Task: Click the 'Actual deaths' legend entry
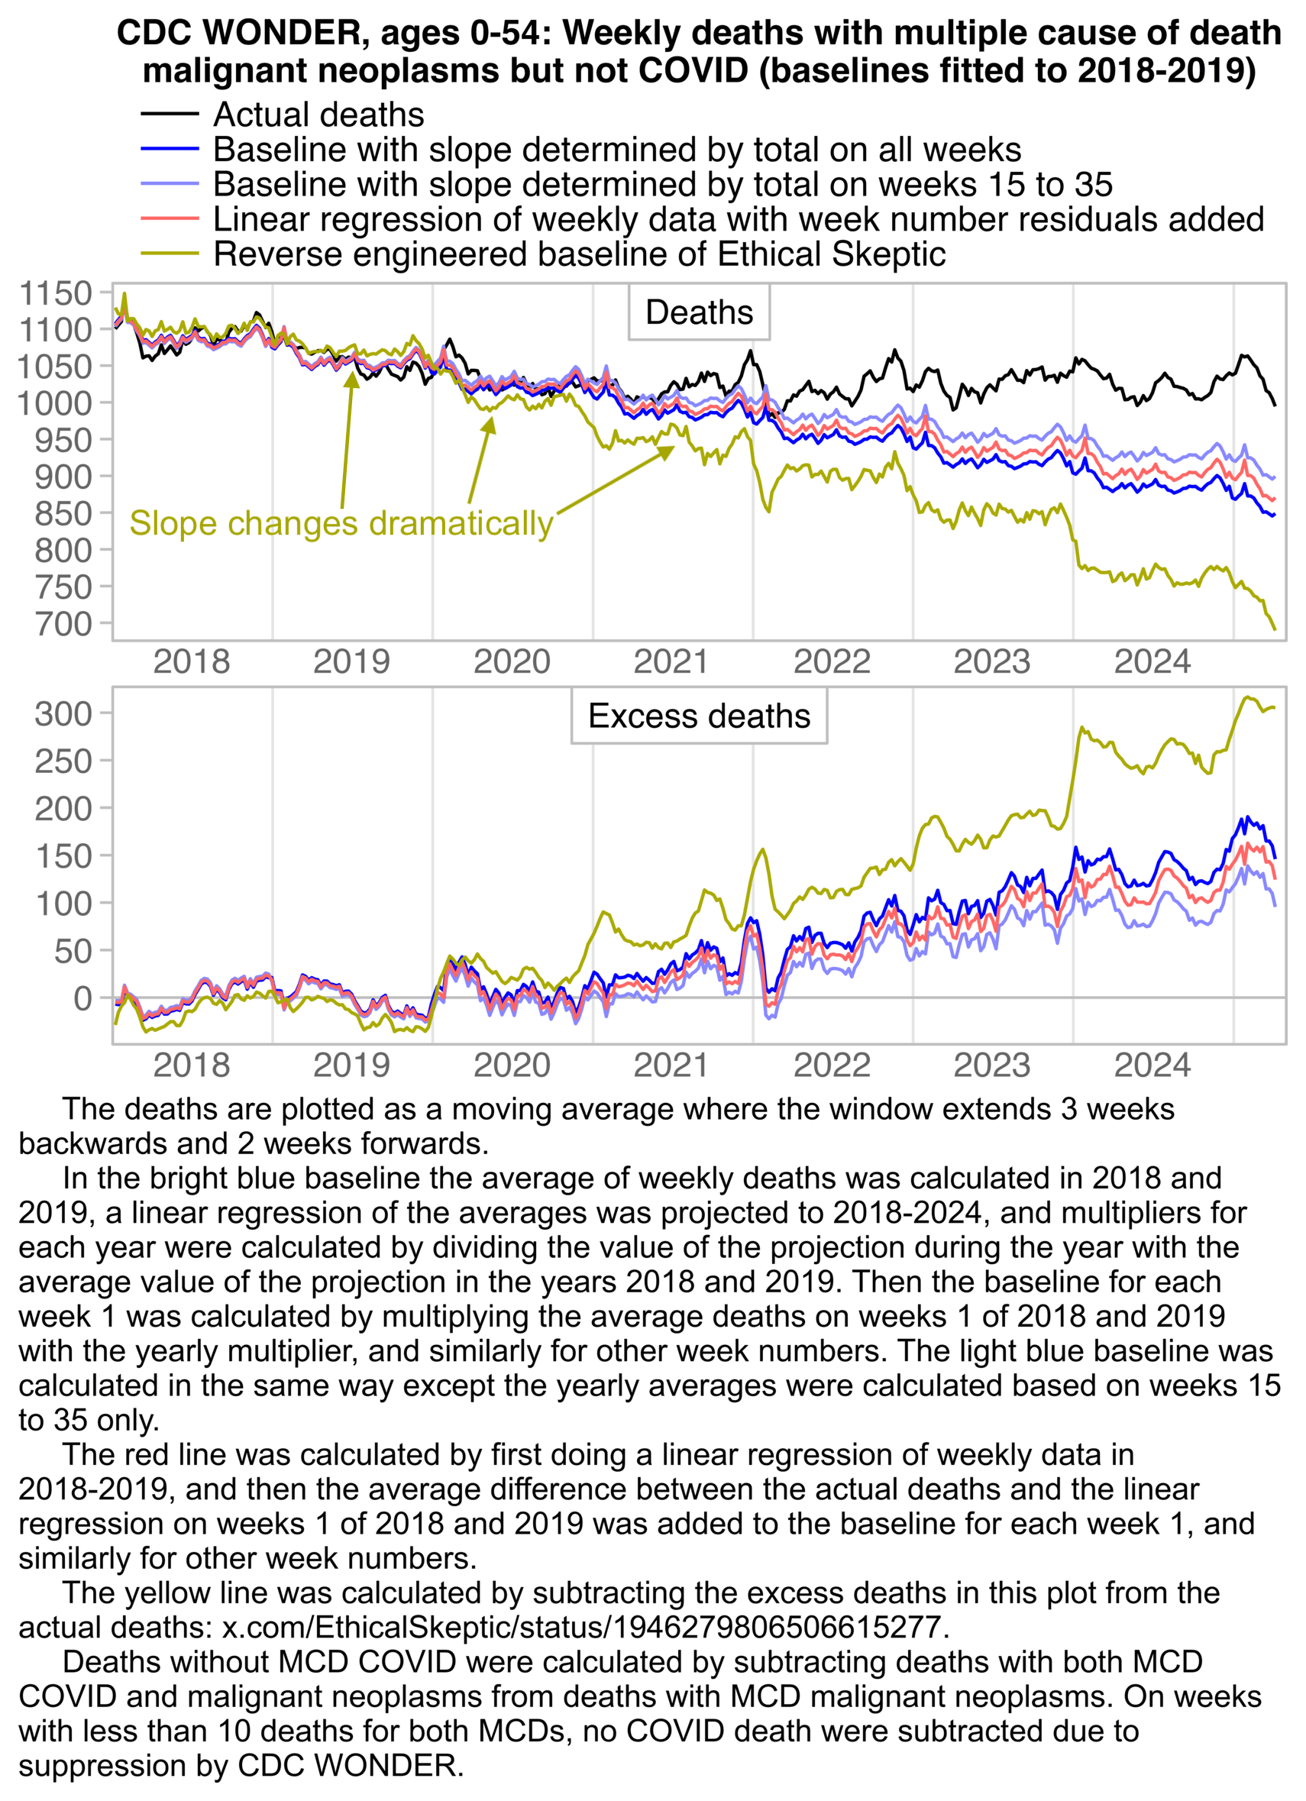coord(318,115)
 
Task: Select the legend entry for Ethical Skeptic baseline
coord(579,255)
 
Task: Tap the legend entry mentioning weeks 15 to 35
coord(662,185)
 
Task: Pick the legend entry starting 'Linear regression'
coord(738,220)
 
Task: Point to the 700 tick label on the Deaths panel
coord(63,624)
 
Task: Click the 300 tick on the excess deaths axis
coord(63,714)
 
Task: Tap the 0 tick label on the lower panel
coord(82,998)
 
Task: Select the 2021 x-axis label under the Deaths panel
coord(671,661)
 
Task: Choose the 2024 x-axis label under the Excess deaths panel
coord(1152,1065)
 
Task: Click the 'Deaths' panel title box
coord(699,313)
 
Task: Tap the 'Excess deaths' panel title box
coord(699,716)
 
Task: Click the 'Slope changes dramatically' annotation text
coord(341,524)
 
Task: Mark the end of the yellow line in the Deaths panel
coord(1274,629)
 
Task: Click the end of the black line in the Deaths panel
coord(1274,405)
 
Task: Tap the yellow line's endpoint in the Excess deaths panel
coord(1274,706)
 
